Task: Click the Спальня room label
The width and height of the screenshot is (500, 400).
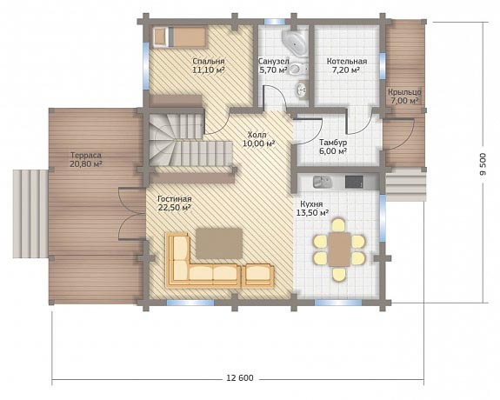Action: [209, 61]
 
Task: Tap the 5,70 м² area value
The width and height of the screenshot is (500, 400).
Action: [273, 70]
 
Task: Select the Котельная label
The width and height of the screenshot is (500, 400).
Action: [347, 61]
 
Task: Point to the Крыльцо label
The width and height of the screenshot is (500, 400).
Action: [404, 92]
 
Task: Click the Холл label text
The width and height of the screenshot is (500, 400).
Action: [257, 135]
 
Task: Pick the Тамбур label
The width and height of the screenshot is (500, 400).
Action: [333, 143]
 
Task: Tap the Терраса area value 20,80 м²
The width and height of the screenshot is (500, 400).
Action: [86, 164]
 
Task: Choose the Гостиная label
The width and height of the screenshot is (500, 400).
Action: [175, 199]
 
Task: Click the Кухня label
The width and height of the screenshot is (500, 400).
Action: [311, 203]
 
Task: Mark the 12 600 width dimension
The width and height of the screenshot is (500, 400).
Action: [240, 378]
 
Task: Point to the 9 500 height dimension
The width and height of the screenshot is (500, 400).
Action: [483, 164]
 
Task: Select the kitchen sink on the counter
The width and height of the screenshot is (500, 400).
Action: [322, 182]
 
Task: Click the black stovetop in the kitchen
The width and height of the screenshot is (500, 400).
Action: [354, 182]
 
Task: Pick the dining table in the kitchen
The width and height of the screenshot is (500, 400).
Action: [340, 249]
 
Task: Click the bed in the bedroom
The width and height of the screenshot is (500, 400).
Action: [179, 37]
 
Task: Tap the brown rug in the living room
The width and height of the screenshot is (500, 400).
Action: [219, 243]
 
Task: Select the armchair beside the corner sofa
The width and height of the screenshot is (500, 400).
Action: [259, 275]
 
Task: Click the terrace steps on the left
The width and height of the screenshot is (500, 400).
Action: [30, 213]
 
